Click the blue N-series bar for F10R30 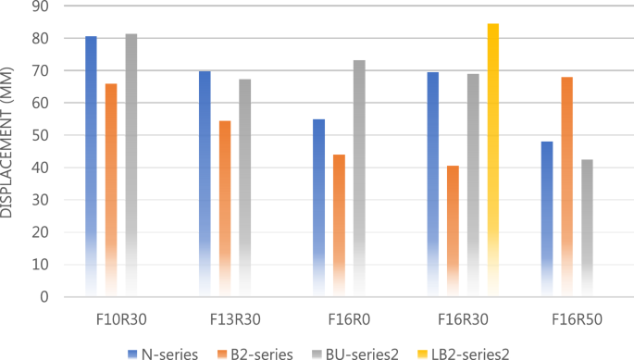91,167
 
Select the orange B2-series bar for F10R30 111,190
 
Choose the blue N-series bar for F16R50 547,218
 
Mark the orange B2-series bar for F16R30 453,231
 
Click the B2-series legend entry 255,352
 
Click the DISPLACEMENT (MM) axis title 8,152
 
